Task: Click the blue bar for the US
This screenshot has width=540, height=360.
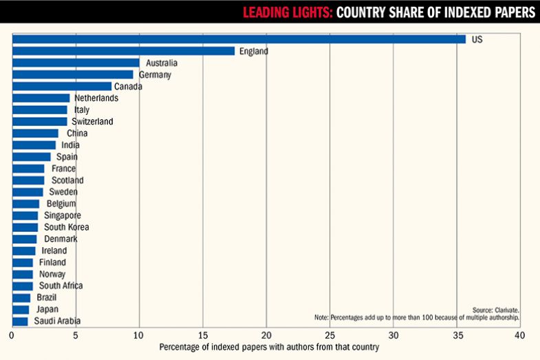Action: [239, 39]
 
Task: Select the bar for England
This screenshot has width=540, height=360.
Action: [124, 51]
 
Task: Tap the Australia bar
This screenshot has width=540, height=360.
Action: [76, 63]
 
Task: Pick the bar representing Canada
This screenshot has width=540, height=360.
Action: [62, 86]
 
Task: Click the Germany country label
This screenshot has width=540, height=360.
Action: [155, 74]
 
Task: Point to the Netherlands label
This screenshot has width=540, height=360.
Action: [96, 98]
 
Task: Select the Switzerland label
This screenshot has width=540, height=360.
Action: [92, 121]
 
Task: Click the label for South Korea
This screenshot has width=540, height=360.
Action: [67, 227]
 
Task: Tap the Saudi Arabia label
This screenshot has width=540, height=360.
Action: [57, 321]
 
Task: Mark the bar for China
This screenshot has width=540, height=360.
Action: [35, 133]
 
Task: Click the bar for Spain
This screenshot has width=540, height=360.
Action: [32, 156]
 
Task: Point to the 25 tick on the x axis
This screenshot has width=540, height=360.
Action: [330, 335]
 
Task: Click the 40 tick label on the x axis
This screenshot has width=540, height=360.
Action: [519, 335]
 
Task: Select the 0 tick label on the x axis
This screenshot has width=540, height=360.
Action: [12, 335]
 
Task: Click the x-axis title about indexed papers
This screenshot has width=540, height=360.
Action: [269, 348]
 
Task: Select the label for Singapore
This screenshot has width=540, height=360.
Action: [63, 215]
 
